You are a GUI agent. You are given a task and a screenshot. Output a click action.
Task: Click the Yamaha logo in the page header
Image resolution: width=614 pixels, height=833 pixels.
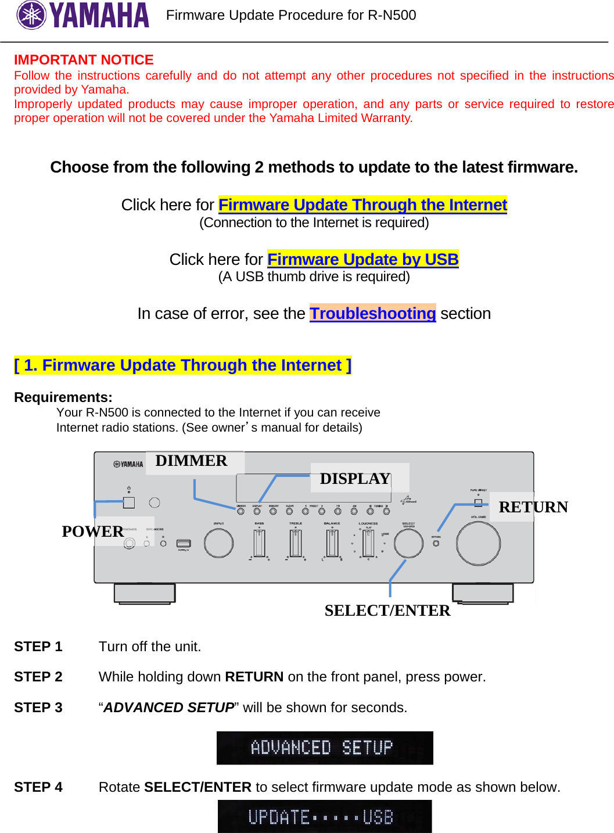tap(82, 16)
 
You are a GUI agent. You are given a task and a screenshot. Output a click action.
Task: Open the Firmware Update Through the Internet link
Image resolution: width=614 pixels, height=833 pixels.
tap(362, 205)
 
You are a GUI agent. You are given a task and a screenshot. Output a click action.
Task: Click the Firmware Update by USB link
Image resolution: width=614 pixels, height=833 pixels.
tap(362, 259)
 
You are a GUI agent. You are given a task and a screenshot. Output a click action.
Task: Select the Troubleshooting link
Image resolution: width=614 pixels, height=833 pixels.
tap(372, 314)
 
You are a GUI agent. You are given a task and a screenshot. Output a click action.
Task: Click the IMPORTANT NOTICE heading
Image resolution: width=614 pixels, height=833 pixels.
tap(84, 60)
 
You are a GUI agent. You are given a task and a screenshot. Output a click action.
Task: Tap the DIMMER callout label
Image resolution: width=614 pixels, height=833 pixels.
tap(191, 461)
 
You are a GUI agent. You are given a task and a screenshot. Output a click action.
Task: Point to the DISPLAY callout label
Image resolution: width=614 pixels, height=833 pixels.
tap(355, 479)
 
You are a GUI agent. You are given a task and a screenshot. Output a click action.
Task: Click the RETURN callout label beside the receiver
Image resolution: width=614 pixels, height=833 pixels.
tap(533, 507)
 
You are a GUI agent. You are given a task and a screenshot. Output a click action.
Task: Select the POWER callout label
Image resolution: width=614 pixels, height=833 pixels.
tap(92, 532)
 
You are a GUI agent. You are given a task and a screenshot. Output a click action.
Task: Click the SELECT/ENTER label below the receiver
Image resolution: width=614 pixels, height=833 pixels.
tap(387, 611)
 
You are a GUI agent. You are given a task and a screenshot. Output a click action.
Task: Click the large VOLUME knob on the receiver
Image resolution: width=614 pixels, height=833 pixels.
tap(478, 544)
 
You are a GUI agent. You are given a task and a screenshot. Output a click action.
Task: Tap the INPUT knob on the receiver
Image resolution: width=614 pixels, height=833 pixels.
tap(218, 543)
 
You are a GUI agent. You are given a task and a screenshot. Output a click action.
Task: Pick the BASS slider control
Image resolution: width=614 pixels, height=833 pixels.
tap(259, 544)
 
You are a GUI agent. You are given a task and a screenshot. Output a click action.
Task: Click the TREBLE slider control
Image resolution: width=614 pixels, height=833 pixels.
tap(296, 544)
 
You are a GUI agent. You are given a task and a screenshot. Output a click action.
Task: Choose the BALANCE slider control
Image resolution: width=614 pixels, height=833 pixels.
tap(332, 544)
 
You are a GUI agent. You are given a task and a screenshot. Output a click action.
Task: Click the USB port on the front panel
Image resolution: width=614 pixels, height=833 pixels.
tap(184, 544)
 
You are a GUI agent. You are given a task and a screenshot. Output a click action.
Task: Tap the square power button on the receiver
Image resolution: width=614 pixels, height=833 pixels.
tap(129, 502)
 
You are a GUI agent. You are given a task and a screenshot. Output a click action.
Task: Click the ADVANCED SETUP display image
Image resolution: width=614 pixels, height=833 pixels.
tap(325, 748)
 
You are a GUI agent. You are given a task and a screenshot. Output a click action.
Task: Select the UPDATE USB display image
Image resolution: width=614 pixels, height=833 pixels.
tap(325, 817)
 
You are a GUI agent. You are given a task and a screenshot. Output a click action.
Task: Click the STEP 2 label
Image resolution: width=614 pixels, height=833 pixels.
tap(38, 677)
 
